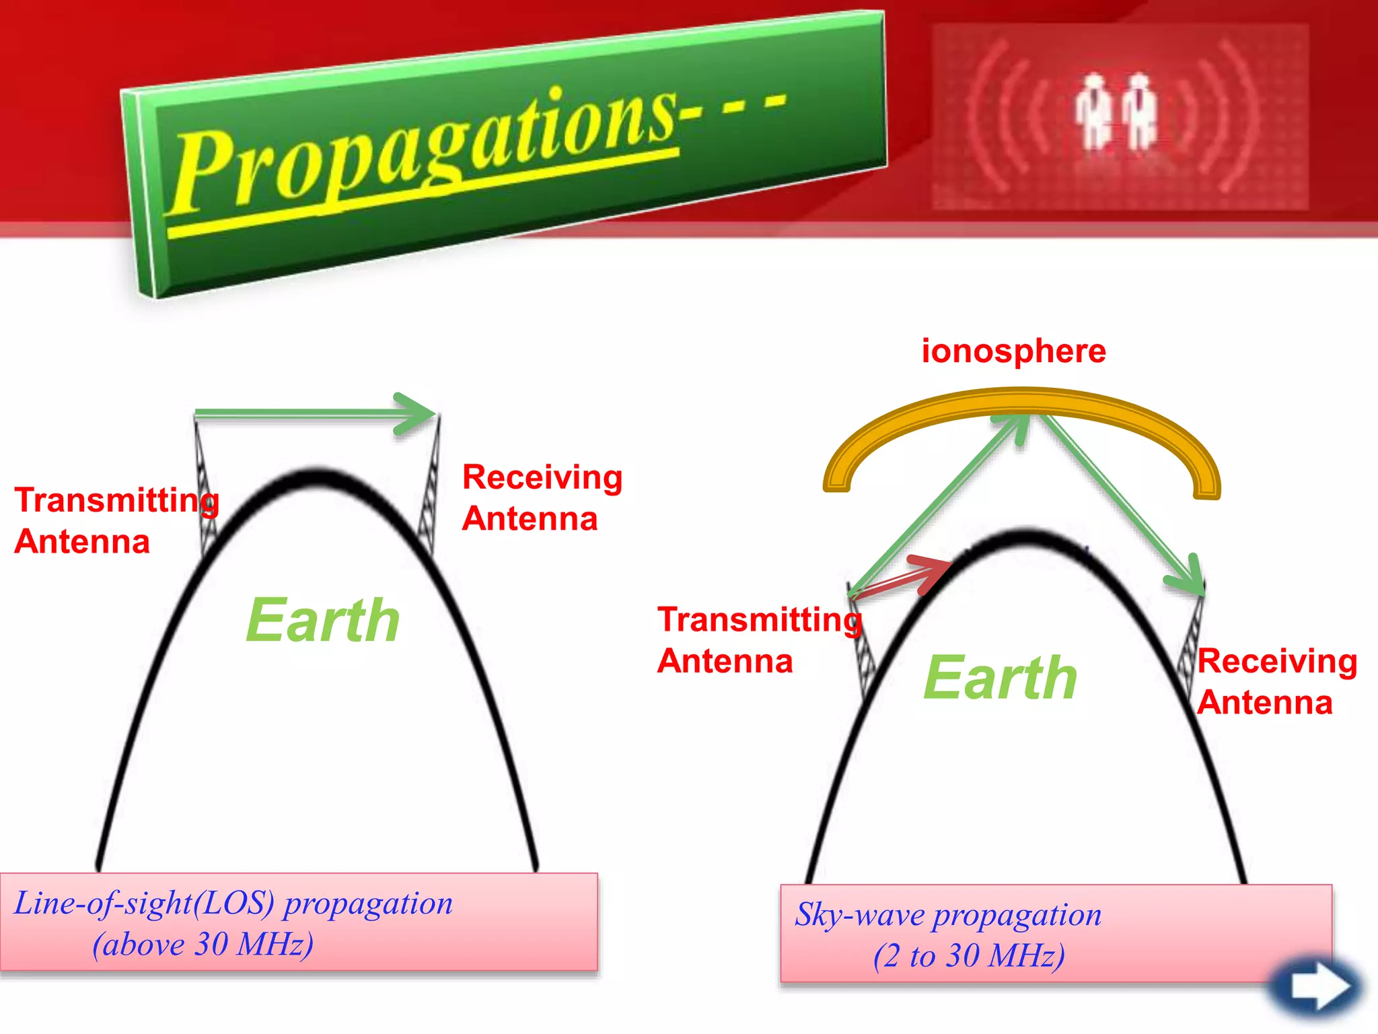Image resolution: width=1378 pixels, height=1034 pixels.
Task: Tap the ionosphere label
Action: pyautogui.click(x=1013, y=351)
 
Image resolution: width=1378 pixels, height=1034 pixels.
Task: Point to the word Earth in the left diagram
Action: pyautogui.click(x=323, y=621)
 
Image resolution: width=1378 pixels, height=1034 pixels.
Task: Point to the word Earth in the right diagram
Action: pyautogui.click(x=1000, y=679)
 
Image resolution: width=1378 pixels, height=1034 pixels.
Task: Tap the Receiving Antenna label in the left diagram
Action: pyautogui.click(x=542, y=498)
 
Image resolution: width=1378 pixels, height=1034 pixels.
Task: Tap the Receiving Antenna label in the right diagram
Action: pyautogui.click(x=1276, y=681)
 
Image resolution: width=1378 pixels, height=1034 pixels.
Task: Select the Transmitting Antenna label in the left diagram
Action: pyautogui.click(x=116, y=521)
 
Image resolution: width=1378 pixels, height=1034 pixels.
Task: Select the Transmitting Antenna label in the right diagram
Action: pyautogui.click(x=759, y=640)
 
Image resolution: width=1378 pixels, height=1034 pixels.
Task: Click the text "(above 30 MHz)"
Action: pyautogui.click(x=203, y=944)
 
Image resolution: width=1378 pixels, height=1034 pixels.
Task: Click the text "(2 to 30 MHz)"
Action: pyautogui.click(x=969, y=956)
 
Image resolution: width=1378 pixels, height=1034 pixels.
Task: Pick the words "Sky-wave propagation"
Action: pyautogui.click(x=947, y=914)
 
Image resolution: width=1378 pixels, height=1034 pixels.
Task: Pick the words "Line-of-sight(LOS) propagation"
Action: pyautogui.click(x=233, y=903)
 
